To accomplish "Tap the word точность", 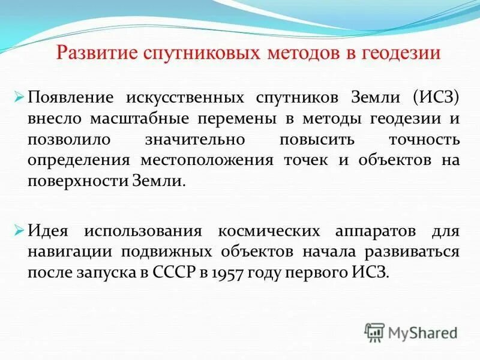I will point(422,139).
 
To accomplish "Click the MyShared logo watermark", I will point(411,332).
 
